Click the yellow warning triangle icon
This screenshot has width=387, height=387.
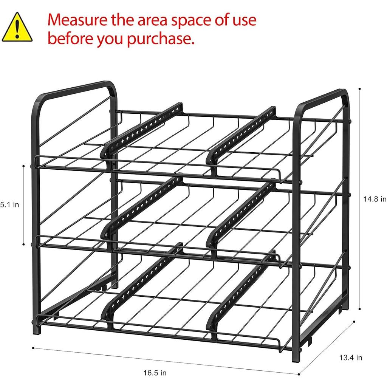click(x=17, y=27)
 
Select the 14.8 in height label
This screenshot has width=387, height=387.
click(x=375, y=199)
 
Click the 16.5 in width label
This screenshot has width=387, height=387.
click(x=155, y=373)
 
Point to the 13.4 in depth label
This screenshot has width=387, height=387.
click(x=350, y=357)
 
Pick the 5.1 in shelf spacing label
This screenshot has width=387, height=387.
click(x=9, y=205)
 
